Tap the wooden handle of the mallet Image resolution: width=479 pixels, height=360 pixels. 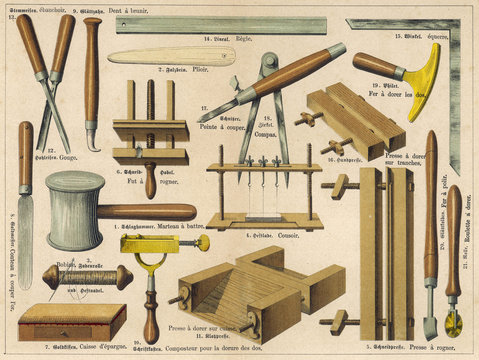tap(150, 212)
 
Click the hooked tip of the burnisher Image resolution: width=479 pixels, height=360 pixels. tap(91, 141)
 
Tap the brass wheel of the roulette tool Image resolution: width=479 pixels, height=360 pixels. tap(454, 323)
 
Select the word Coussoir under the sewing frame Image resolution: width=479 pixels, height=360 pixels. tap(278, 236)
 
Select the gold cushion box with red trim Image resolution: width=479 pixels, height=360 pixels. tap(72, 321)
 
